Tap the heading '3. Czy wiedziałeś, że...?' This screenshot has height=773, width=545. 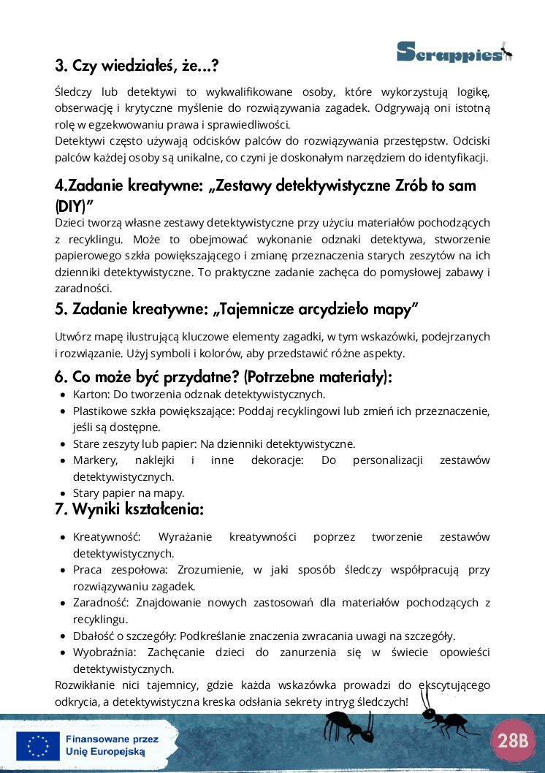[x=137, y=66]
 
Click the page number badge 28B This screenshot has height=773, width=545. [x=513, y=740]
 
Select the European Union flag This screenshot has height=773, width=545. [x=38, y=746]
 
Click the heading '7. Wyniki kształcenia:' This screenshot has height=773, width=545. [x=129, y=509]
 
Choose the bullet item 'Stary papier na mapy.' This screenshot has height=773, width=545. [x=129, y=492]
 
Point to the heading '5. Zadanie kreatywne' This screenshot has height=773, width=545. [x=236, y=309]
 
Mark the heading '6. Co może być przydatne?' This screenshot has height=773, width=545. [x=224, y=377]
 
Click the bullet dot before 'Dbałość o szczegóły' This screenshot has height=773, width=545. [x=64, y=636]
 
